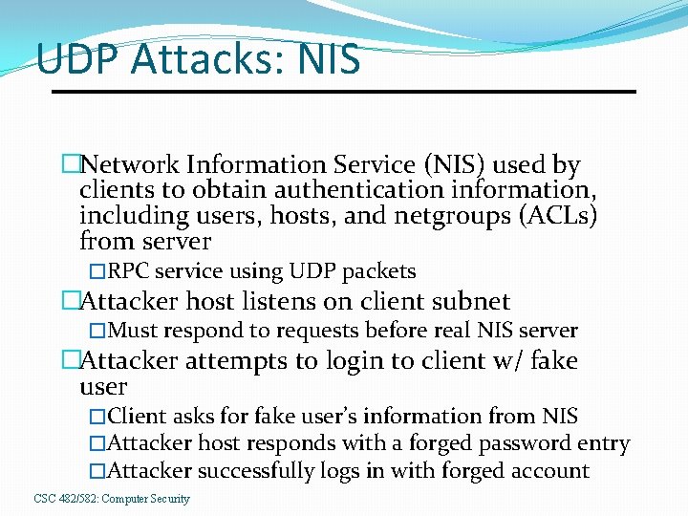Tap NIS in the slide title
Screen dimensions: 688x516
pyautogui.click(x=330, y=59)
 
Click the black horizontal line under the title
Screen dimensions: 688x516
pyautogui.click(x=343, y=92)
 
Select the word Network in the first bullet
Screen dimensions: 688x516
pyautogui.click(x=130, y=165)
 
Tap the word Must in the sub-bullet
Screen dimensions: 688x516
pyautogui.click(x=133, y=332)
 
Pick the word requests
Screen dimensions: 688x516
pyautogui.click(x=315, y=332)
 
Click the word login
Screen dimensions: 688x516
pyautogui.click(x=338, y=361)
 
